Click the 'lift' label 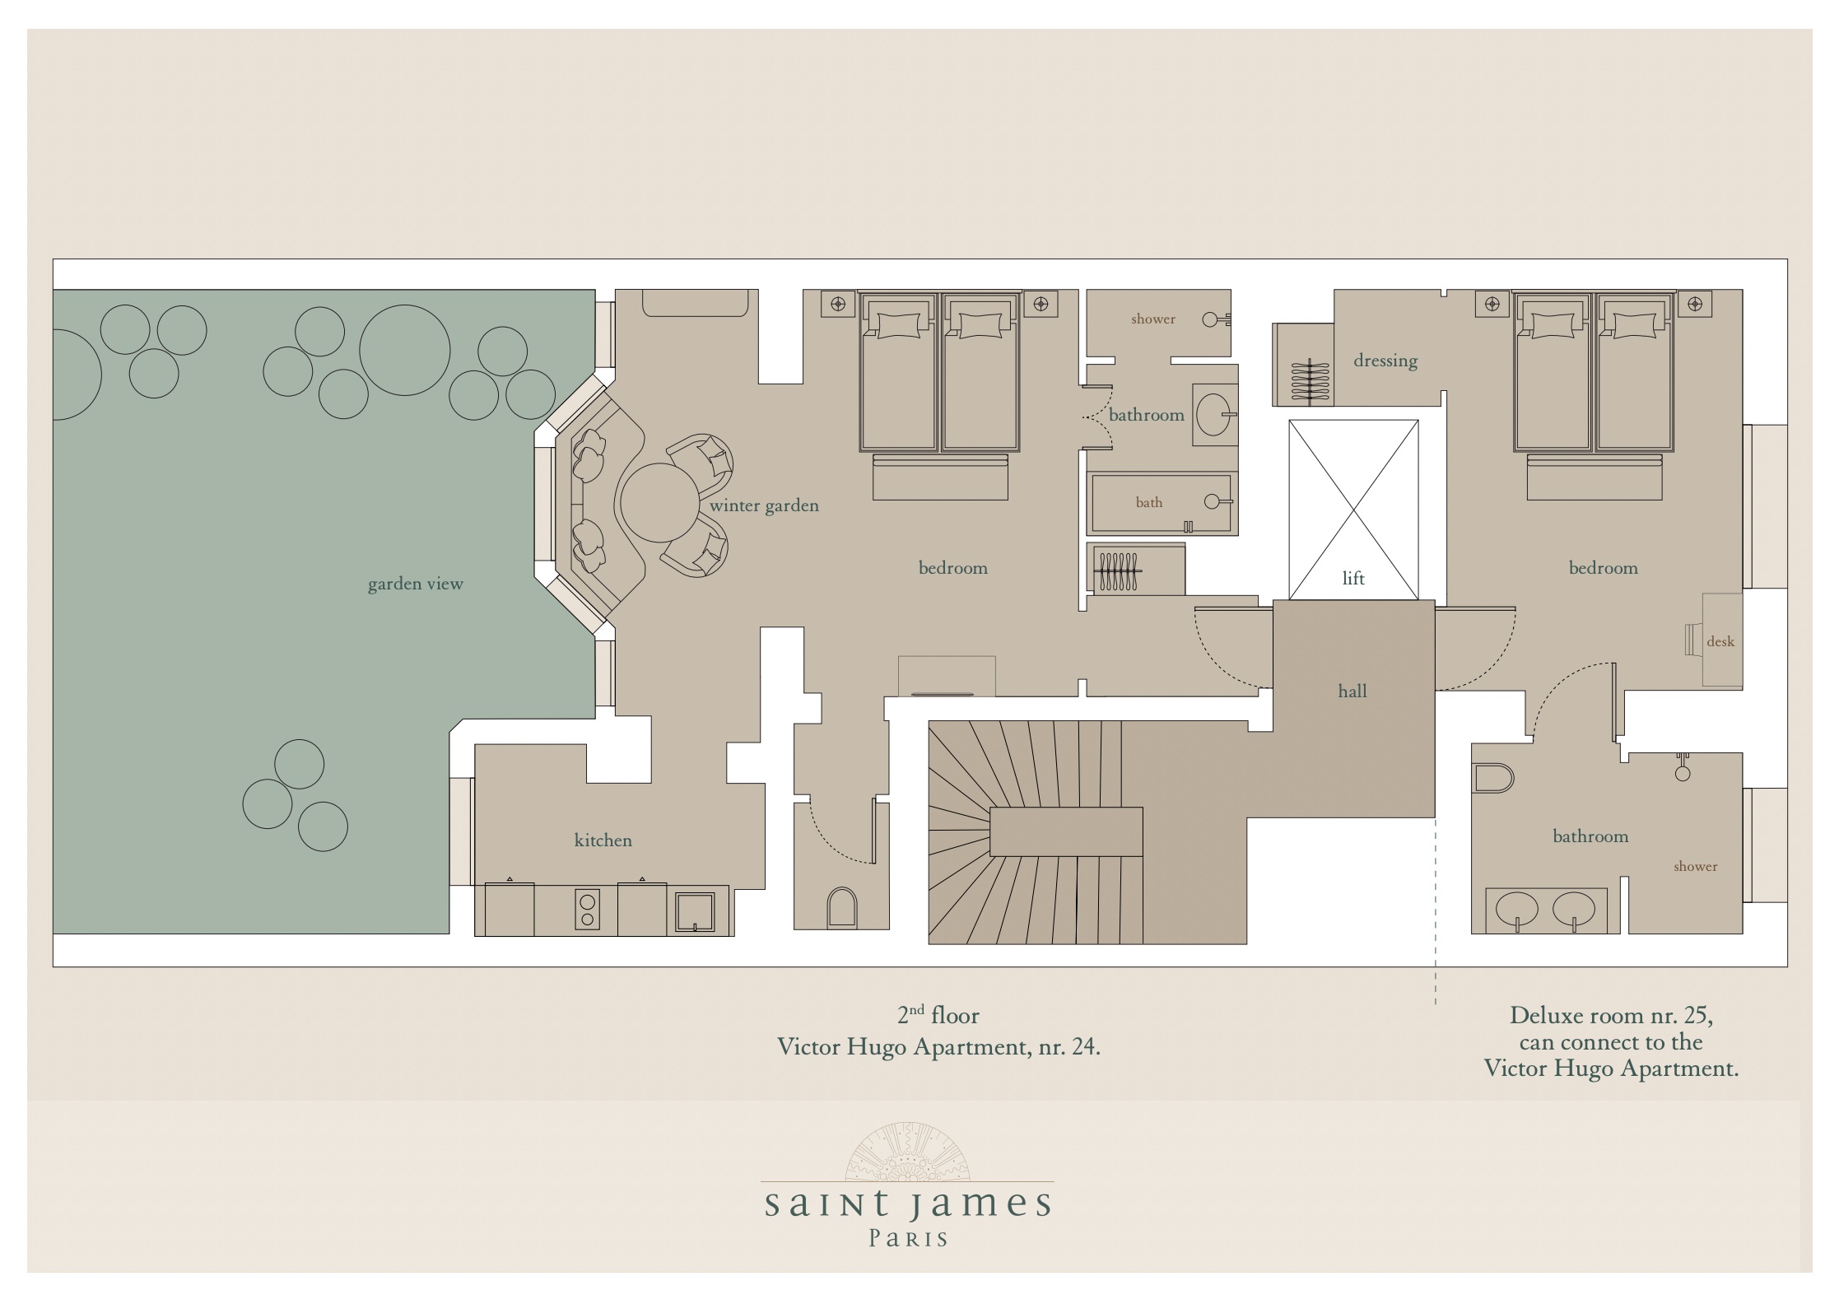pos(1353,578)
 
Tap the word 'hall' pos(1352,691)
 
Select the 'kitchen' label pos(603,840)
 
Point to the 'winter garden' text pos(764,505)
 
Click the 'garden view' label pos(415,584)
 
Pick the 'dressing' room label pos(1385,361)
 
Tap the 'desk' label pos(1720,641)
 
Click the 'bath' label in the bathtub pos(1149,502)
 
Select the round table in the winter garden pos(660,503)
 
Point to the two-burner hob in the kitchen pos(587,910)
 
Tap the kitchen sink pos(695,912)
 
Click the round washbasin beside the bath pos(1215,414)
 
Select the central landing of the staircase pos(1066,831)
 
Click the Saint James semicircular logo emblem pos(909,1151)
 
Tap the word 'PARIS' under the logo pos(909,1239)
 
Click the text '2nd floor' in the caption pos(938,1015)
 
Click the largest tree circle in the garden pos(405,350)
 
